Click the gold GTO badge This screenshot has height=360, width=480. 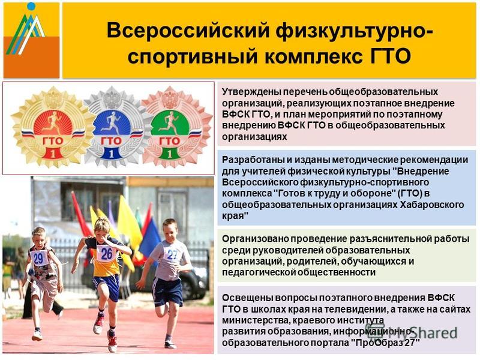53,128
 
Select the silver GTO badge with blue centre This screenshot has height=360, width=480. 112,128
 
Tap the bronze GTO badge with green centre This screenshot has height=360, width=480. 172,128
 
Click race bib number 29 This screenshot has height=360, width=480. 38,258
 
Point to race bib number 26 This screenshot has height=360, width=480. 106,253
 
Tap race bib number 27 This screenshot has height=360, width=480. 172,254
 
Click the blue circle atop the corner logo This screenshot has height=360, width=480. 31,6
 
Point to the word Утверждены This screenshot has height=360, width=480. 251,92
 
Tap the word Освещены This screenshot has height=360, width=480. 247,298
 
